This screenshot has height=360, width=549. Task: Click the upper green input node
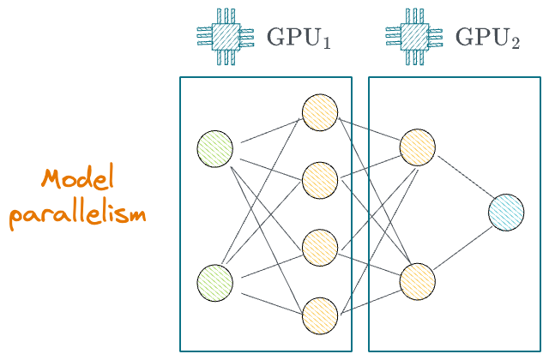tap(214, 147)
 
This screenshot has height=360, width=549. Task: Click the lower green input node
tap(214, 282)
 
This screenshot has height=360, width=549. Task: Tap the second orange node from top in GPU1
tap(319, 179)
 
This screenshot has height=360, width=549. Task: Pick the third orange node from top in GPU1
tap(319, 247)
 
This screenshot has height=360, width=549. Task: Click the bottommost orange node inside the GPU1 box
tap(319, 314)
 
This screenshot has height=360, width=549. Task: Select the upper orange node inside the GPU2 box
tap(417, 147)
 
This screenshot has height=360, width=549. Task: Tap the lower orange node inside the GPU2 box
tap(417, 280)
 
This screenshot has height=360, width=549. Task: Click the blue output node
tap(506, 213)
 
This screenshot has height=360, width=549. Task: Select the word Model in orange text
tap(76, 180)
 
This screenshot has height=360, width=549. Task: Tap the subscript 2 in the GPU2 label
tap(515, 44)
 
